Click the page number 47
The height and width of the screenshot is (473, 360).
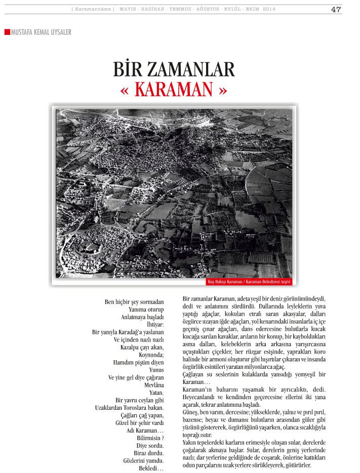click(x=336, y=9)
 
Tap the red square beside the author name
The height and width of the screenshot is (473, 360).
click(x=7, y=32)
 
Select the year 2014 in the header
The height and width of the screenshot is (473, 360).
click(x=269, y=9)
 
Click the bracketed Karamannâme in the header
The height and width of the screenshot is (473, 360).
click(x=93, y=9)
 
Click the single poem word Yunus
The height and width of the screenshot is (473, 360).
click(x=156, y=370)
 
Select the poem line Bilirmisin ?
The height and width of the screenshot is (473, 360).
click(x=150, y=438)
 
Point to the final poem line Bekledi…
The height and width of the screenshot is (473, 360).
click(x=151, y=468)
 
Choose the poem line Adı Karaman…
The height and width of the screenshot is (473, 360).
click(x=145, y=431)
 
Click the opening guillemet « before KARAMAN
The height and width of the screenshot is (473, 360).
click(x=126, y=90)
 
